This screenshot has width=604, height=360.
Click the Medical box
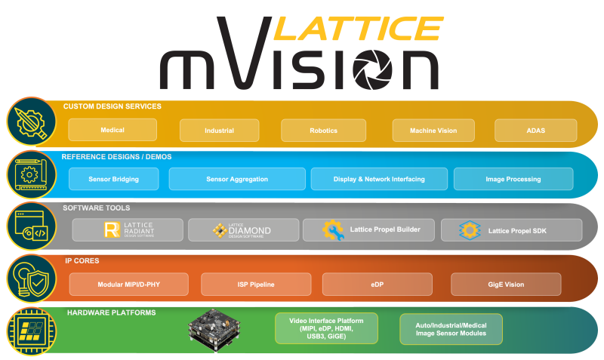pos(112,130)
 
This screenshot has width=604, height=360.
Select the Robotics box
pos(323,130)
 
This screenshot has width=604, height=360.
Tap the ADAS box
pos(536,130)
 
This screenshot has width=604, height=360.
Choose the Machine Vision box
pos(433,130)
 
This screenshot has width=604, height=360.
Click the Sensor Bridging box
pos(114,179)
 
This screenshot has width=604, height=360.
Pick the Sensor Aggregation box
pos(235,179)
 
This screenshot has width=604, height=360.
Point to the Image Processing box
pos(513,179)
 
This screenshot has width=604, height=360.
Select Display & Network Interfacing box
pos(379,179)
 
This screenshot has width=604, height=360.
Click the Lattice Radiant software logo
pos(128,229)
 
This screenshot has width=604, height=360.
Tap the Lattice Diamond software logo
pos(241,229)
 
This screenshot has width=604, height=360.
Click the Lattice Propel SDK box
pos(511,229)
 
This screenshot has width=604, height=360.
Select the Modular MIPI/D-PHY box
pos(128,285)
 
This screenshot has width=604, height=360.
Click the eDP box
pos(377,285)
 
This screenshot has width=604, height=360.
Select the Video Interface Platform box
pos(327,329)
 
